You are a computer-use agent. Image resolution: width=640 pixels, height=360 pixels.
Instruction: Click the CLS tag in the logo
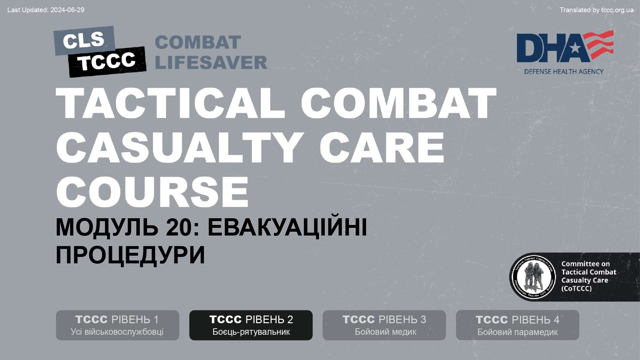(x=84, y=41)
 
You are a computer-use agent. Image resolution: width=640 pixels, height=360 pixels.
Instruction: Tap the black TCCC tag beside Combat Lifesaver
(x=107, y=61)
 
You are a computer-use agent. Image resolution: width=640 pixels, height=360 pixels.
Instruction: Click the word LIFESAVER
(x=211, y=62)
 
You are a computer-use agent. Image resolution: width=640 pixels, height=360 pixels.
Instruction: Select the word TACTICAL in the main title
(x=170, y=103)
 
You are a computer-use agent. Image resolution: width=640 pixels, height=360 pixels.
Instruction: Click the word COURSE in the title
(x=152, y=192)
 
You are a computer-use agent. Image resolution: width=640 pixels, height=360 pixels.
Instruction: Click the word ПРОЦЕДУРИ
(x=130, y=255)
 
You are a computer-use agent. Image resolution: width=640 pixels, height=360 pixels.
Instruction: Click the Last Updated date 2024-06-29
(x=67, y=10)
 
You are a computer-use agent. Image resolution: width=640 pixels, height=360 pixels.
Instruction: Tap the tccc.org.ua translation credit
(x=617, y=10)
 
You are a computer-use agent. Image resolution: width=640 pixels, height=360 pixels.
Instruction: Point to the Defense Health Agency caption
(x=564, y=71)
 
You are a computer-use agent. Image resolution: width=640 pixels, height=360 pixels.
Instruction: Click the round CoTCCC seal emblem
(x=533, y=277)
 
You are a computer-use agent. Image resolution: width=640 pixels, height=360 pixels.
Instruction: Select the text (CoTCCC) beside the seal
(x=576, y=288)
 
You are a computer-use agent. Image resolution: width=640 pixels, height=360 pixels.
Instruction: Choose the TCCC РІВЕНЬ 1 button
(x=117, y=325)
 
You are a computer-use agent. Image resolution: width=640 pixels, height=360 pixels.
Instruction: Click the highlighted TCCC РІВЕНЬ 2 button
(x=251, y=325)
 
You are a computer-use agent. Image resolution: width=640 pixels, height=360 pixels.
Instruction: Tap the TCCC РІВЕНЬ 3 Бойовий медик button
(x=384, y=325)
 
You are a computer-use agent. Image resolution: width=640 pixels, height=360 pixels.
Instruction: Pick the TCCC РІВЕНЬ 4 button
(x=517, y=325)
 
